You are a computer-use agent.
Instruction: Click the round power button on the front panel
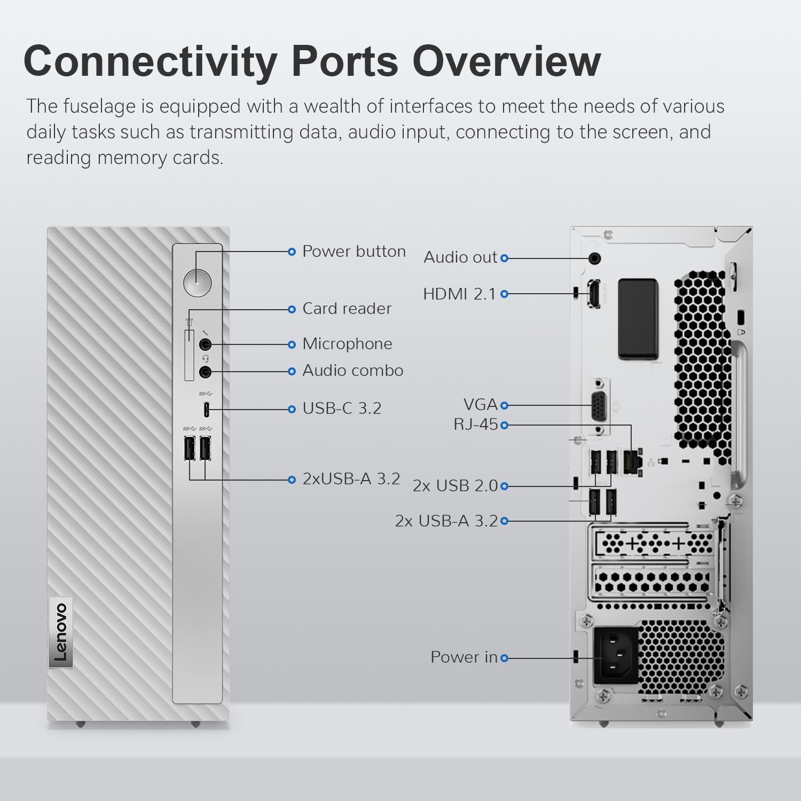click(197, 282)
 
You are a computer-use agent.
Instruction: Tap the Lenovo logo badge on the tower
click(61, 631)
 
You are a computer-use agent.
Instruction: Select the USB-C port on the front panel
click(206, 410)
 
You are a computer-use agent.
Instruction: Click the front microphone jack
click(205, 344)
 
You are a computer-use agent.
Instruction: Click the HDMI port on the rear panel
click(594, 294)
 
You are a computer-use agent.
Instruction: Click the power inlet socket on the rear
click(616, 657)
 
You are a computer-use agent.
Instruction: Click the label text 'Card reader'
click(347, 309)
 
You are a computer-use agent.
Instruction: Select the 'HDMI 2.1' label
click(459, 294)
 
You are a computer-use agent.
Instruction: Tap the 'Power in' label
click(464, 657)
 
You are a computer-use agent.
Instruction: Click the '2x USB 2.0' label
click(455, 486)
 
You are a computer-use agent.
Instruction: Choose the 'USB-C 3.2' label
click(342, 409)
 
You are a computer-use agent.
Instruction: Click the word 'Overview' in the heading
click(506, 61)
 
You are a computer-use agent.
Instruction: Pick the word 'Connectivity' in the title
click(150, 61)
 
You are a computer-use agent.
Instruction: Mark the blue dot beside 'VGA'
click(505, 406)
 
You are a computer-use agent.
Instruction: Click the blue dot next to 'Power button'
click(292, 252)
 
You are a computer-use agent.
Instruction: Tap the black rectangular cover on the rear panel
click(638, 318)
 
